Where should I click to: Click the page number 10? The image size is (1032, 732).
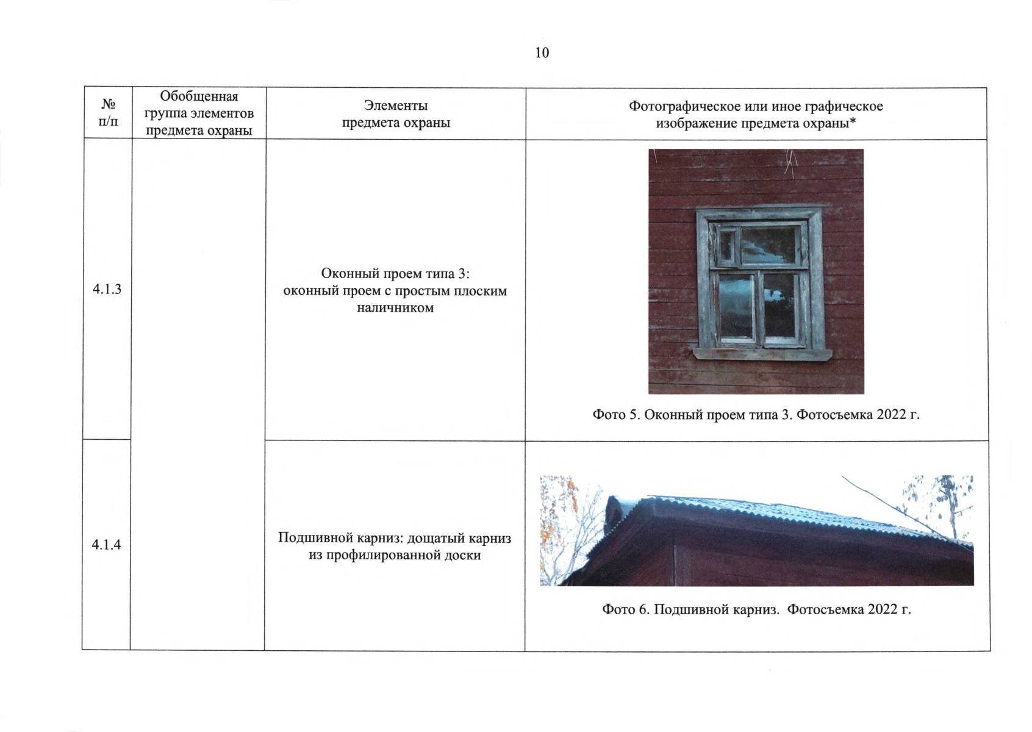(x=542, y=53)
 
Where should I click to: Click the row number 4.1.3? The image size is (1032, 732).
(x=107, y=289)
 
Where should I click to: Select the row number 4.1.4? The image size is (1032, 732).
(x=106, y=545)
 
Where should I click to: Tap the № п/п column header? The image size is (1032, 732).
(x=109, y=113)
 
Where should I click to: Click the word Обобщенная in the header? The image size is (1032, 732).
(x=199, y=96)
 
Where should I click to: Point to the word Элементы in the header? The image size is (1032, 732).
(x=396, y=106)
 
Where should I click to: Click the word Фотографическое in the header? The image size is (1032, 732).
(x=681, y=106)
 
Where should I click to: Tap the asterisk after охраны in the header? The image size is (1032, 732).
(x=853, y=121)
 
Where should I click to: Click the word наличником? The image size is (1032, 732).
(x=395, y=307)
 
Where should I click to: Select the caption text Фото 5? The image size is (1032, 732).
(x=616, y=415)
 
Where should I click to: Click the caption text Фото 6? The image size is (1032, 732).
(x=626, y=609)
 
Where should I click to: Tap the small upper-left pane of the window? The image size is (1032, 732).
(x=728, y=246)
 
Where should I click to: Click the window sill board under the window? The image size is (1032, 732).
(x=762, y=354)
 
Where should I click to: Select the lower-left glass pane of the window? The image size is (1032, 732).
(x=736, y=306)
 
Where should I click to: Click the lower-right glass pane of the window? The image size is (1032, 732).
(x=780, y=306)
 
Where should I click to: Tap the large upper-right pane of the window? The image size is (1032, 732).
(x=769, y=246)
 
